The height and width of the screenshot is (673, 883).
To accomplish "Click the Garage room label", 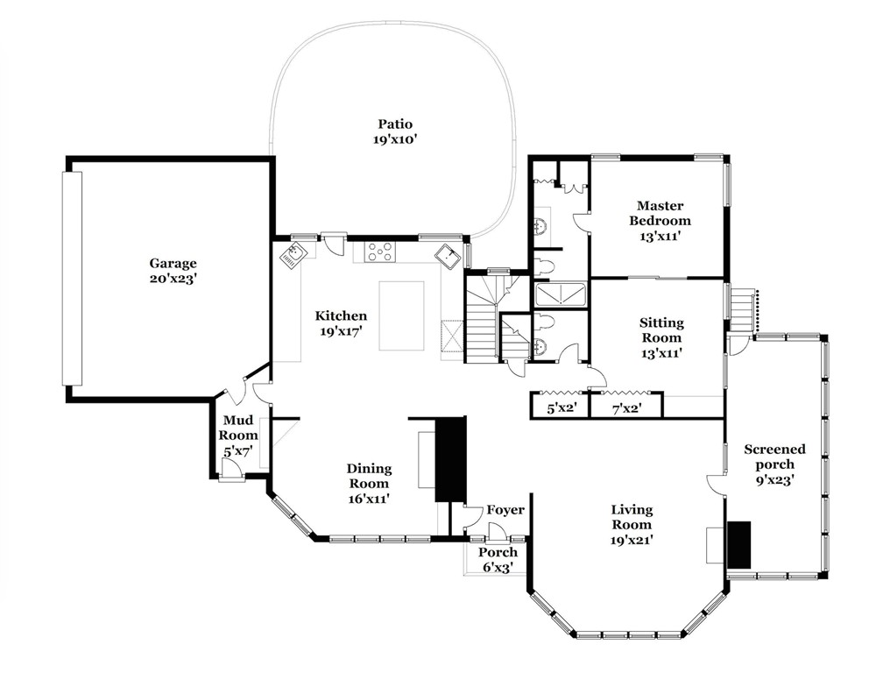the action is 173,263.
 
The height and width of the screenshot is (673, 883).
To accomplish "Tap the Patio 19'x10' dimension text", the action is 395,139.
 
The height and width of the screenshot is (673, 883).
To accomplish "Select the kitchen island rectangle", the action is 401,315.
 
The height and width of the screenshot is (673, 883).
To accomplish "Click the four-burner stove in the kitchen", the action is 380,251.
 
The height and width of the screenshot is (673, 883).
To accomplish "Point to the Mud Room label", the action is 238,428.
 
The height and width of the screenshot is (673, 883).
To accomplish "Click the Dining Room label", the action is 369,476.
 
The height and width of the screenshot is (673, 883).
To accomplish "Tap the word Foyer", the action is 505,510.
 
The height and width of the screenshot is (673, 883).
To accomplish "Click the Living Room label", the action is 632,517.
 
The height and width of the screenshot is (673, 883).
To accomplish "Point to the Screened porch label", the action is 775,457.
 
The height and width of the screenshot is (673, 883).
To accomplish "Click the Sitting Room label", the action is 661,330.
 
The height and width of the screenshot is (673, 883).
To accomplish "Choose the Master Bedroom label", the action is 660,213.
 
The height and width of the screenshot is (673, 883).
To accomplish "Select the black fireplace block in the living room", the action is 738,544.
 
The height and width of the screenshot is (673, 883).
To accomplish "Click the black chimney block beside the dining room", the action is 451,459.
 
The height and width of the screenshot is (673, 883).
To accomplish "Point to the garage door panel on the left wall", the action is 72,278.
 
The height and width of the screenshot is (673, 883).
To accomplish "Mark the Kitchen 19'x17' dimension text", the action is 341,332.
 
